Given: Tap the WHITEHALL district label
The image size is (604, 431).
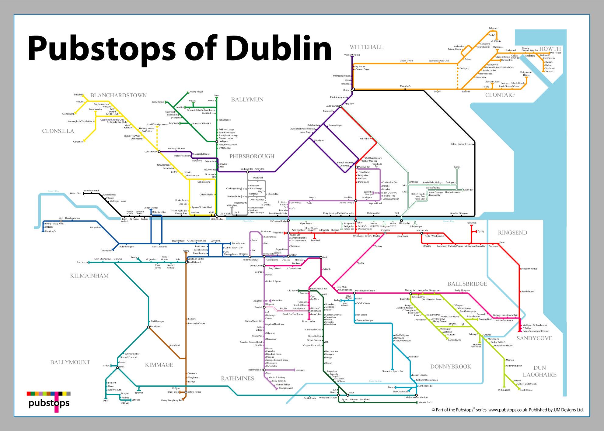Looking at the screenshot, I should coord(366,47).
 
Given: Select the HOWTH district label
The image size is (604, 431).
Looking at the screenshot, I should coord(550,49).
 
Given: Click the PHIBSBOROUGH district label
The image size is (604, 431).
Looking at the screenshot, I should coord(252,157).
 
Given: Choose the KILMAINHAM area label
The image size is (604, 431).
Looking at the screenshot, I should coord(89,276).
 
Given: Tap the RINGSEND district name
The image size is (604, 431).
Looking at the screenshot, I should coord(512,233).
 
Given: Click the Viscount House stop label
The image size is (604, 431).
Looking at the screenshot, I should coord(352,55).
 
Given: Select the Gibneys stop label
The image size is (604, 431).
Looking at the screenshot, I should coord(493,28).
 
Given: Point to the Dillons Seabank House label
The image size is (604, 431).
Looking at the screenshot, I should coord(462,144).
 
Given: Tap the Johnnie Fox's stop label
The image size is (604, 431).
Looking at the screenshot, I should coord(425,403).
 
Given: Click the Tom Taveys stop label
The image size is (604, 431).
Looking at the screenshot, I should coord(82,262).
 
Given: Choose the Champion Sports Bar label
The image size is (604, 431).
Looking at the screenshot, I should coord(392,371).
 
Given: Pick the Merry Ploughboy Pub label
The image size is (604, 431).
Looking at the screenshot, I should coord(172,400).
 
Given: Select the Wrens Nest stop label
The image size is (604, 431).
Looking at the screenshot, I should coord(75,193).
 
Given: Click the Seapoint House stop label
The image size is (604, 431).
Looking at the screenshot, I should coord(529,269).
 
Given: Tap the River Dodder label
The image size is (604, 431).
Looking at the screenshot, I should coord(375,381).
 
